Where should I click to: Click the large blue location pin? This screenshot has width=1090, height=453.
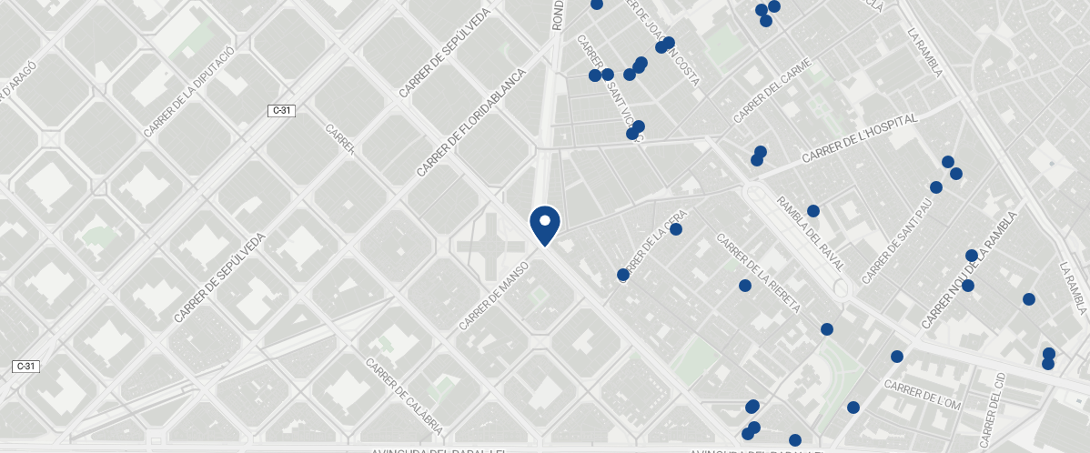[545, 224]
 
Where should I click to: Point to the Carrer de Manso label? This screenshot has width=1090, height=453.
[493, 298]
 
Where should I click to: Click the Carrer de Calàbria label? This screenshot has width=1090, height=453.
[404, 396]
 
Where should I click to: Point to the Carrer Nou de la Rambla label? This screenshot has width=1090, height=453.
[967, 270]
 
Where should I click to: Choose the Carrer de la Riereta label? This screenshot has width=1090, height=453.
[759, 273]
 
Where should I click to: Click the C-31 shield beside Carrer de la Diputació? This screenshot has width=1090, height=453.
[282, 110]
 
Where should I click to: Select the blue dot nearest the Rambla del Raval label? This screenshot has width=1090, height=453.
[813, 211]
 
